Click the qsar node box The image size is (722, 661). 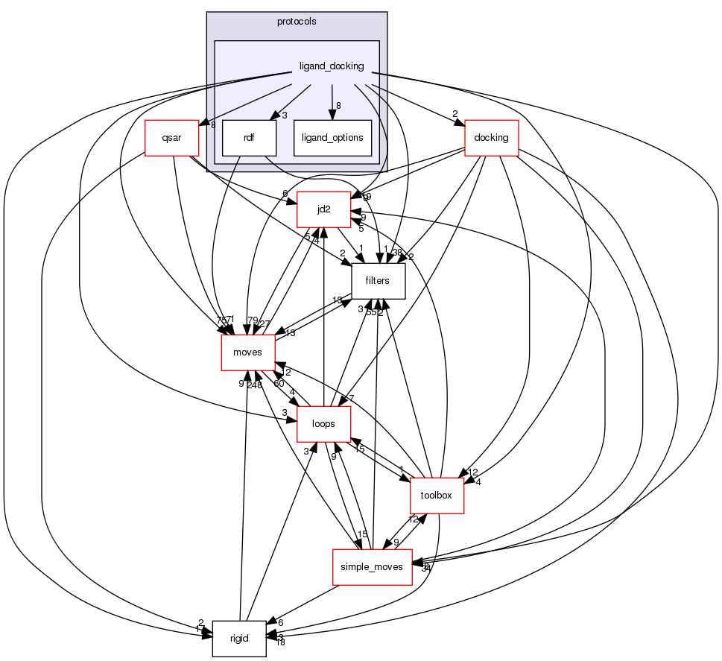[172, 138]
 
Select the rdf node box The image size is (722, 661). [249, 138]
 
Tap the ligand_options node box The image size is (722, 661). [332, 138]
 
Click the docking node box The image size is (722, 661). [491, 138]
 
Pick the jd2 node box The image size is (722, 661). [323, 209]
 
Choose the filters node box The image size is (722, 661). [378, 281]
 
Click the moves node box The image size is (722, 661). [248, 352]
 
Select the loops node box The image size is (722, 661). [324, 424]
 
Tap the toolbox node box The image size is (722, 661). [437, 496]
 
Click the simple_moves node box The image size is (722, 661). [372, 567]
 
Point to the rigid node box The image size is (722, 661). [239, 639]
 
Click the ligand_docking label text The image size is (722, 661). [332, 66]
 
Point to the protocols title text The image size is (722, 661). [297, 22]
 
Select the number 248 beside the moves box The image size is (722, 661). [256, 385]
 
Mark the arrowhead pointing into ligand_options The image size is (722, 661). [332, 116]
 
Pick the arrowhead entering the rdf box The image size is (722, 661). [273, 116]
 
